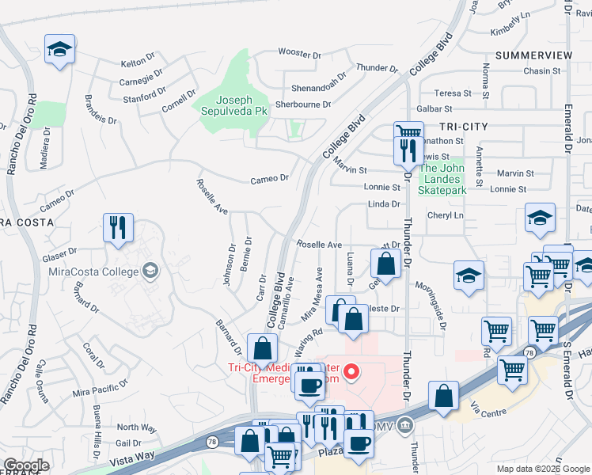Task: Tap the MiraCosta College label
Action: coord(98,272)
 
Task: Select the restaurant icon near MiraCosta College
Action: coord(117,228)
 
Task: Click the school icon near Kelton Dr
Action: coord(59,49)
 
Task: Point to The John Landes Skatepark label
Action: coord(442,179)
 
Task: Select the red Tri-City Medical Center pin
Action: coord(355,370)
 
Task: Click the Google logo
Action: coord(26,465)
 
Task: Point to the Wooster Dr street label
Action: coord(299,55)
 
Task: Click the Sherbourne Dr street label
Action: coord(303,104)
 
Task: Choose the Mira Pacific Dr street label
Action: coord(100,388)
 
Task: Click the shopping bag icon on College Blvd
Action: coord(262,348)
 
